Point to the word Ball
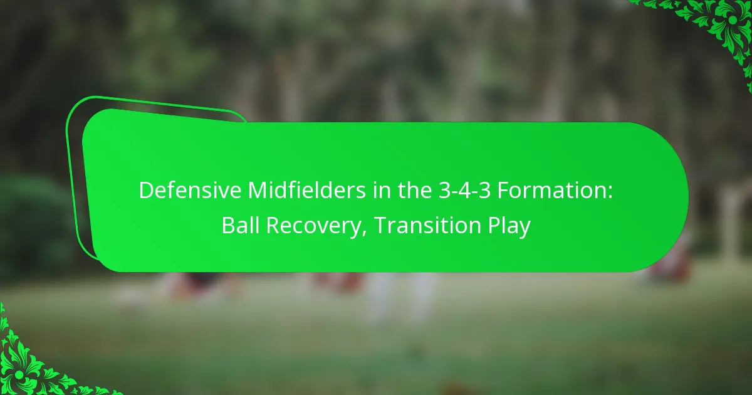click(237, 226)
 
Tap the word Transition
click(426, 226)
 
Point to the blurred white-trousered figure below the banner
click(401, 295)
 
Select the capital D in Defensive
click(144, 191)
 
